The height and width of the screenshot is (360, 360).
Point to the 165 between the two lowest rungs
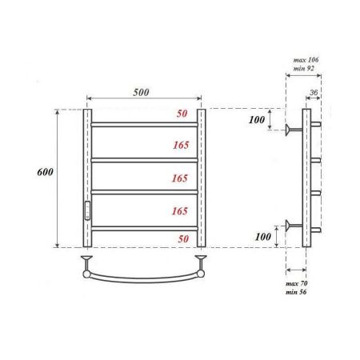[x=178, y=211]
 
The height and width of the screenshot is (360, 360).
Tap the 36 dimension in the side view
[x=314, y=93]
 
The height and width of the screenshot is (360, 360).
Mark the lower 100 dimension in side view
[x=256, y=238]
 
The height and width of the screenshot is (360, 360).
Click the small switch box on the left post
[x=87, y=210]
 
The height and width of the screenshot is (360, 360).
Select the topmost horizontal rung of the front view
[x=144, y=125]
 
